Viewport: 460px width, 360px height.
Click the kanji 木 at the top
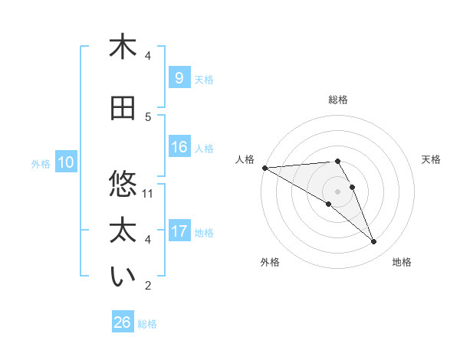coord(123,47)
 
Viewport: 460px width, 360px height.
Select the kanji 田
coord(123,109)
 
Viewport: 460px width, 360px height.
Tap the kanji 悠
coord(123,184)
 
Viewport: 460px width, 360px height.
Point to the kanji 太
coord(123,231)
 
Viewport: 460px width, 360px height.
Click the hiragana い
coord(123,277)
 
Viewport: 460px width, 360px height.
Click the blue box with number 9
coord(178,79)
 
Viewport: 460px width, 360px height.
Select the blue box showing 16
coord(179,148)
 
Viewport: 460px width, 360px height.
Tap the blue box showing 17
coord(179,231)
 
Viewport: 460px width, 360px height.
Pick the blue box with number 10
coord(65,162)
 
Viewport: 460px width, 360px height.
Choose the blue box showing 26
coord(123,322)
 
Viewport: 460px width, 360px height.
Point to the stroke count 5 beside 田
coord(148,116)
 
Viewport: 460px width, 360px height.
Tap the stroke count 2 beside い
coord(148,286)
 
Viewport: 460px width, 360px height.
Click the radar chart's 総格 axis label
coord(338,100)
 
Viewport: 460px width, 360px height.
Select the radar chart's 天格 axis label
coord(431,159)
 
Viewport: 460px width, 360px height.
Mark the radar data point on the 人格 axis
coord(264,167)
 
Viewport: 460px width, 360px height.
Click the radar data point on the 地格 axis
coord(374,242)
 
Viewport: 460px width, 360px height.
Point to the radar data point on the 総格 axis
coord(337,161)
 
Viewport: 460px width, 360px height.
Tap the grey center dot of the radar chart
coord(337,191)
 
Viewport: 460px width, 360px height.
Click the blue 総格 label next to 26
coord(147,324)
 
